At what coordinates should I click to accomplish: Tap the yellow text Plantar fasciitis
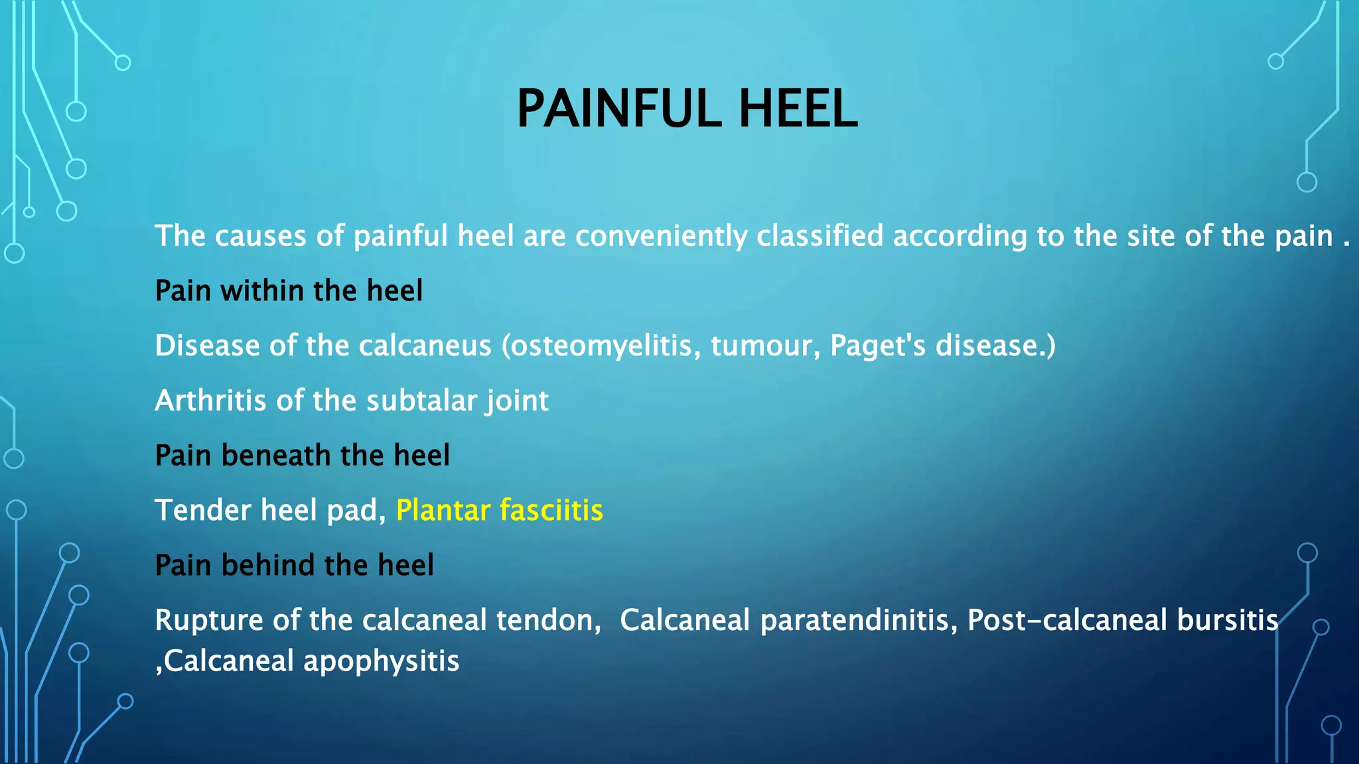(x=499, y=510)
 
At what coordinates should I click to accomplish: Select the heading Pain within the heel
(x=289, y=290)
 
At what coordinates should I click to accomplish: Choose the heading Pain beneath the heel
(x=302, y=456)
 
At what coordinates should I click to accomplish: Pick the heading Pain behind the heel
(x=294, y=565)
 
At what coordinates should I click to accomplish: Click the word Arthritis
(x=211, y=401)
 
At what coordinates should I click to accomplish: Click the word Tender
(x=203, y=510)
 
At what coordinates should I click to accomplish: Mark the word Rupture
(x=209, y=620)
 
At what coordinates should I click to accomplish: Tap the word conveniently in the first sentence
(x=661, y=236)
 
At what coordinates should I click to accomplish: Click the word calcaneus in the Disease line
(x=425, y=346)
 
